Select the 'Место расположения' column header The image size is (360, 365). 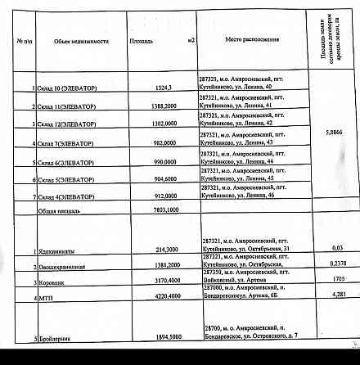[x=254, y=40]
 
